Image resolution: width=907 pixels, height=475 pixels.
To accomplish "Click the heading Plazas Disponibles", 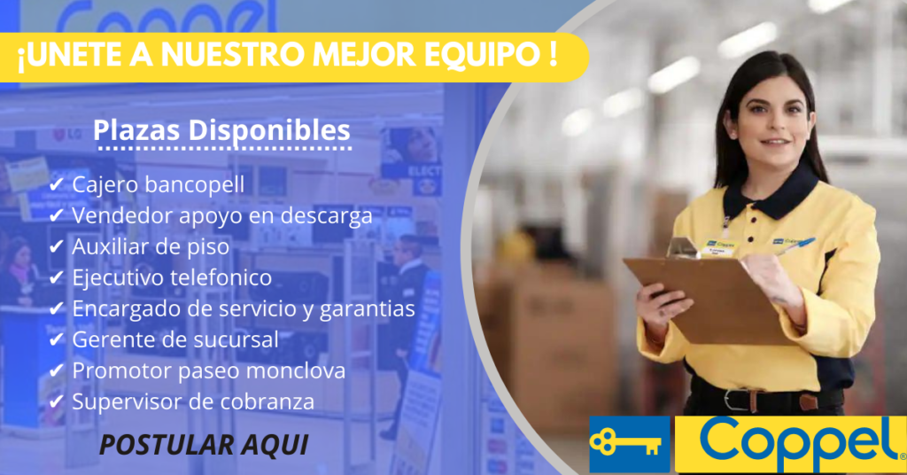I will pos(221,131).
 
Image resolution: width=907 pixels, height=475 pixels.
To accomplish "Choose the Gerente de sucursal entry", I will pos(175,339).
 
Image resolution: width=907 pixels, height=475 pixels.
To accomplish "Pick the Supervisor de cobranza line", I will pos(193,401).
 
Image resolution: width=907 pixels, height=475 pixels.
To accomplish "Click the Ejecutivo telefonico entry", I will pos(172,277).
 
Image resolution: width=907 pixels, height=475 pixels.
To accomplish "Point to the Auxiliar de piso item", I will pos(151,246).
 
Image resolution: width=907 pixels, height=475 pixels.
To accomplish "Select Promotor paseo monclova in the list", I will pos(208,370).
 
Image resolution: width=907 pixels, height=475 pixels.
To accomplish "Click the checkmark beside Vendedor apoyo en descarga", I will pos(56,215).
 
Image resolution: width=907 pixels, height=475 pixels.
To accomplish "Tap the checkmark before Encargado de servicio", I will pos(56,308).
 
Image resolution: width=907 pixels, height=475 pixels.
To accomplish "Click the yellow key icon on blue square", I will pos(630,443).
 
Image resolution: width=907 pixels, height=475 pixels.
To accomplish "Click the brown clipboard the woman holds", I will pos(700,297).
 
